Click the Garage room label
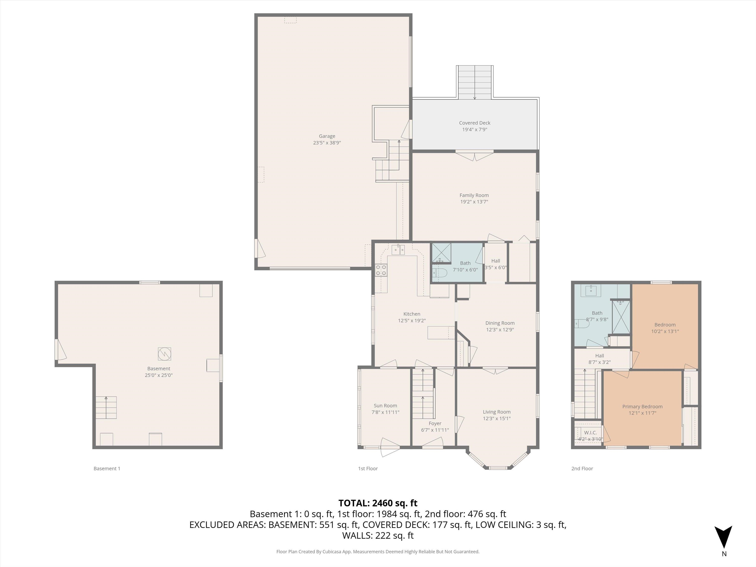click(x=327, y=136)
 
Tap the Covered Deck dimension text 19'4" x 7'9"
click(x=474, y=129)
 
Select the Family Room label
click(x=474, y=195)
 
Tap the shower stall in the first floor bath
click(x=441, y=253)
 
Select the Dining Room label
click(x=500, y=323)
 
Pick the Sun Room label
click(x=385, y=406)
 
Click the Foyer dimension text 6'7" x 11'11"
click(x=435, y=430)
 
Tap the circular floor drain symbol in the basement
click(x=164, y=354)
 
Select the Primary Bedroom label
click(x=642, y=406)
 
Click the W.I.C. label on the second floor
click(x=590, y=433)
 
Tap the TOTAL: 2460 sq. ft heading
click(x=378, y=503)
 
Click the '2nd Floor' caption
click(x=582, y=469)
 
